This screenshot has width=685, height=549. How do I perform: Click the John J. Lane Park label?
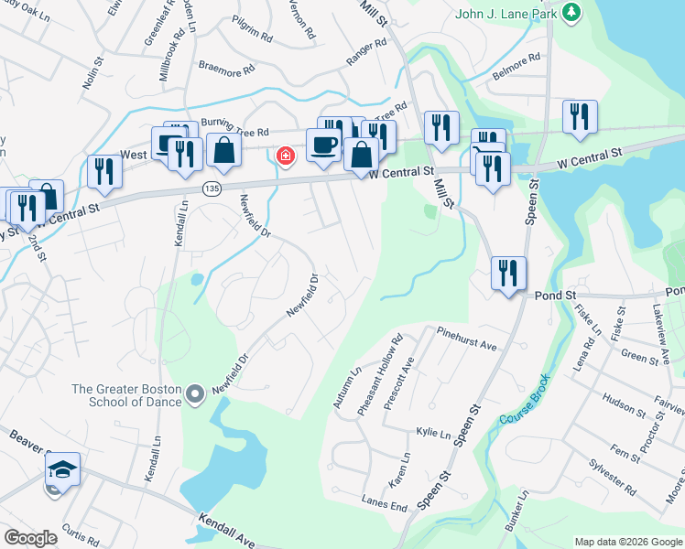(507, 13)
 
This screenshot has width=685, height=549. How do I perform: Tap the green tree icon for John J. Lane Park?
(571, 12)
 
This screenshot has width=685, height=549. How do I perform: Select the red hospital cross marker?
(286, 156)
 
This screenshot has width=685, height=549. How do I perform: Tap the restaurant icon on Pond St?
(507, 272)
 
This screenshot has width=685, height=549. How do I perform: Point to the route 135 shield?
(212, 188)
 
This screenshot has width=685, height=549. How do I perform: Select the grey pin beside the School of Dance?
(194, 395)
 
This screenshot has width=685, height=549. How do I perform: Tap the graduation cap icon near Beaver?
(62, 469)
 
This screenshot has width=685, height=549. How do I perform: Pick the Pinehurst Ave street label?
(465, 339)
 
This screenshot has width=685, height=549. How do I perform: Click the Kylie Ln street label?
(433, 432)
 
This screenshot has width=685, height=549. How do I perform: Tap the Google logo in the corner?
(30, 538)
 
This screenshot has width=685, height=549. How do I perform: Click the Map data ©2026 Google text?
(627, 542)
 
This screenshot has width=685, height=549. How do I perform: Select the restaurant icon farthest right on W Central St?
(580, 116)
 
